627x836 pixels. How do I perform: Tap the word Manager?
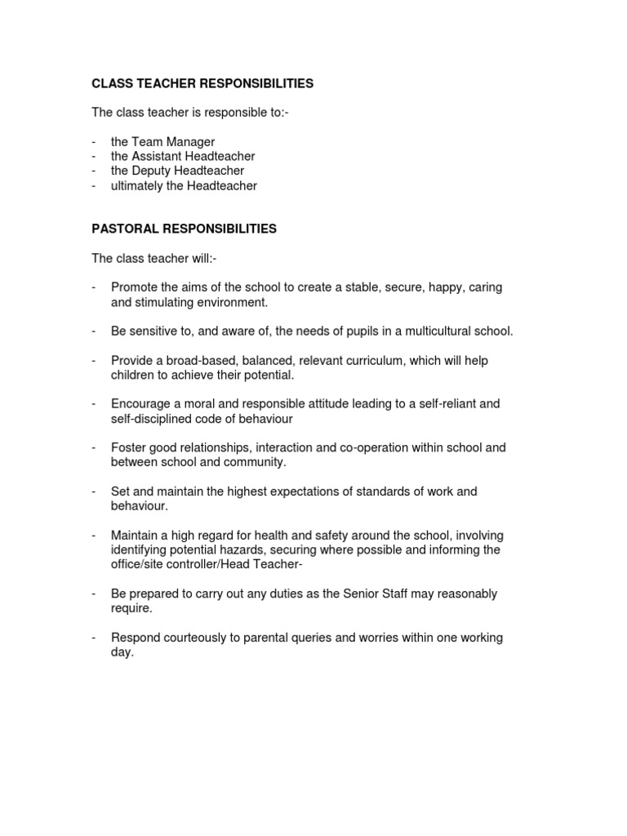[x=190, y=142]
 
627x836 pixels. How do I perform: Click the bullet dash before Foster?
[x=94, y=447]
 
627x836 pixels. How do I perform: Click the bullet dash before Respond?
[x=94, y=638]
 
